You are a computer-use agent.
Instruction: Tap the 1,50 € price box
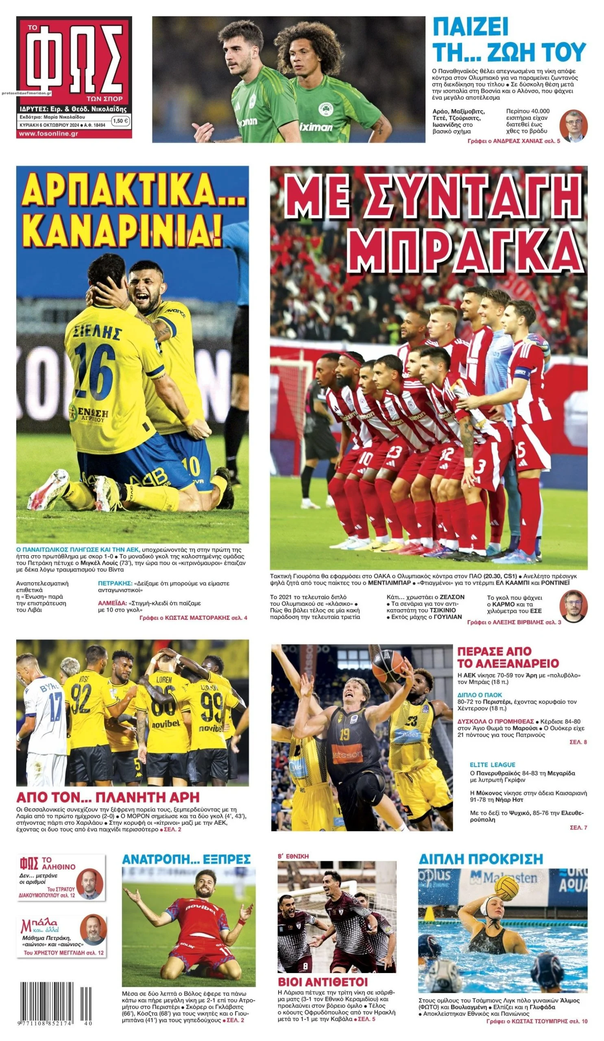click(x=121, y=121)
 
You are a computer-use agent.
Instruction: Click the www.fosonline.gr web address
click(x=49, y=133)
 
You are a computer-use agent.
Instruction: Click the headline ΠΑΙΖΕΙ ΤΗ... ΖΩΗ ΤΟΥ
click(x=508, y=40)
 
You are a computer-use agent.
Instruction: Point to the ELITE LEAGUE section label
click(x=492, y=764)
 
